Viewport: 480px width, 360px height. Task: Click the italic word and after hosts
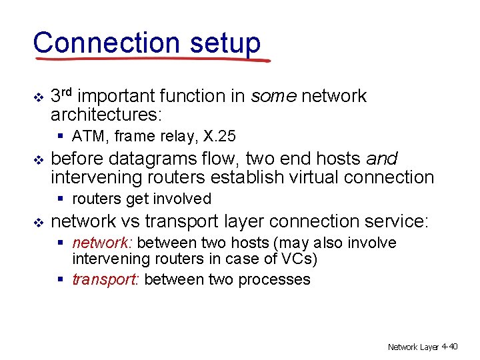point(382,159)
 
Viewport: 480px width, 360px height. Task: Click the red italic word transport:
point(105,279)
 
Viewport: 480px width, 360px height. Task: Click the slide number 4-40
point(449,346)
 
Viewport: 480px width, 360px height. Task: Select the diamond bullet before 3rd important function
point(38,97)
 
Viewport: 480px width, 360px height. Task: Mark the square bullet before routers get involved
point(61,199)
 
